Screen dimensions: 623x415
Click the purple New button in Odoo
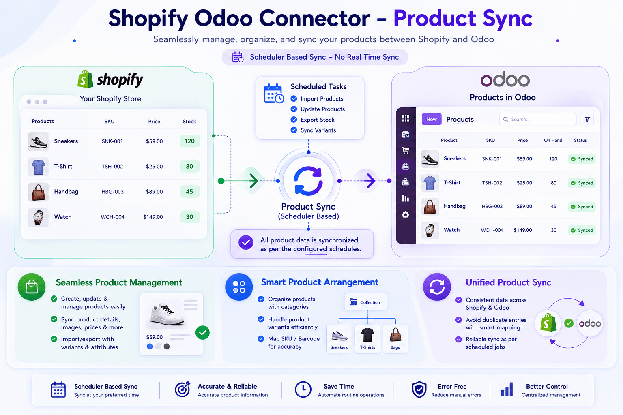432,119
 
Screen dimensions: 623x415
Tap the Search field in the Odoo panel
537,119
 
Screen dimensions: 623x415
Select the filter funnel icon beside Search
587,119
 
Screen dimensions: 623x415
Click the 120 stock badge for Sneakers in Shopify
189,141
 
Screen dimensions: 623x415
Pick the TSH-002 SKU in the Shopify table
112,167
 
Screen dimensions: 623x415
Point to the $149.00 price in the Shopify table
153,217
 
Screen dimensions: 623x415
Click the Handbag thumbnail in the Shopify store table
39,192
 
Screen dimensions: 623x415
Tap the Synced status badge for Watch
582,230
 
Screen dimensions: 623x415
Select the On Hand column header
553,140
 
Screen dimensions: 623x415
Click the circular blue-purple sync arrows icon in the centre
308,181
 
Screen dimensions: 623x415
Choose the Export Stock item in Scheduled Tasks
317,120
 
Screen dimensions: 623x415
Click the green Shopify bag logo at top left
85,79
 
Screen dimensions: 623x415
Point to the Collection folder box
365,302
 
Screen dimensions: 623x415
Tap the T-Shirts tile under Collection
367,338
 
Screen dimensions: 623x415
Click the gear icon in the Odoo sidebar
406,215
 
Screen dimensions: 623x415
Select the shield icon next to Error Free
419,389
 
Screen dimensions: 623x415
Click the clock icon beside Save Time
303,389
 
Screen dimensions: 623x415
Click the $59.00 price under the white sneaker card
155,337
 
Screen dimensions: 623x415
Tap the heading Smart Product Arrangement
320,282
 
